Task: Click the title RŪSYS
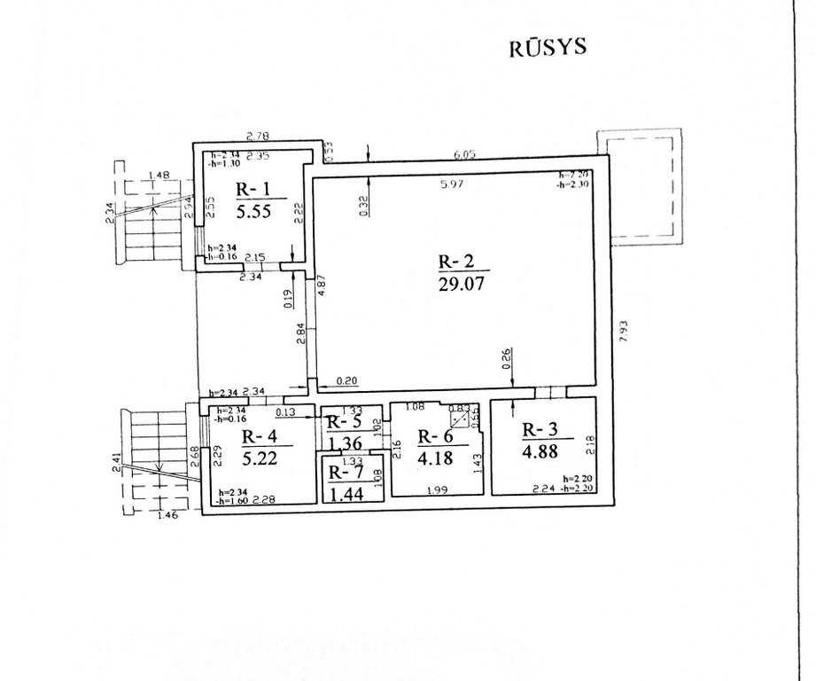pyautogui.click(x=548, y=47)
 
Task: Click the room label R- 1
pyautogui.click(x=254, y=189)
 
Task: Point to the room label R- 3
pyautogui.click(x=540, y=430)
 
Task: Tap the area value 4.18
pyautogui.click(x=435, y=457)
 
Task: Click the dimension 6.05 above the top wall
pyautogui.click(x=465, y=154)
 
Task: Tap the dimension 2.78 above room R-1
pyautogui.click(x=258, y=135)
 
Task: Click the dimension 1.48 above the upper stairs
pyautogui.click(x=159, y=175)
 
